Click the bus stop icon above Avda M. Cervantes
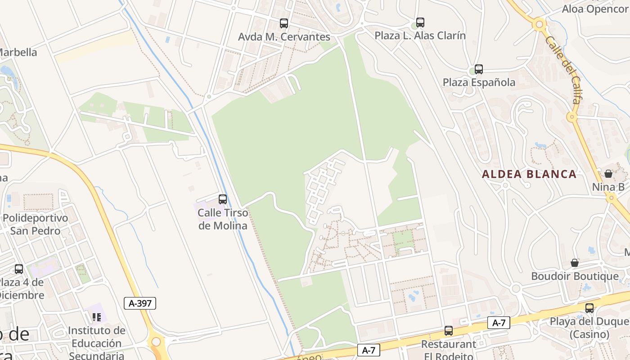(283, 23)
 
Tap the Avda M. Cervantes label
(284, 37)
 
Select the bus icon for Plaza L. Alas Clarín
(420, 22)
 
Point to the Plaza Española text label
(479, 82)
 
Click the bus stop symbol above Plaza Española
(479, 69)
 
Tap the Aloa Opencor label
(595, 9)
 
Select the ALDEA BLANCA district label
(529, 174)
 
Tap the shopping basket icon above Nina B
(608, 174)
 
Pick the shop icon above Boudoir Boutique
(575, 263)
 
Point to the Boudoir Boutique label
(575, 276)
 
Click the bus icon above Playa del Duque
(589, 308)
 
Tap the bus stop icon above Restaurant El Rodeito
(448, 331)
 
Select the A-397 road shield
(140, 303)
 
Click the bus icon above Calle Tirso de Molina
(222, 199)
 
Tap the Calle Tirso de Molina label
(223, 219)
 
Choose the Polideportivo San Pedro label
(36, 224)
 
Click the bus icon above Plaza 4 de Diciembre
(18, 269)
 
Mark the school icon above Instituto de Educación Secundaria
(96, 317)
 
